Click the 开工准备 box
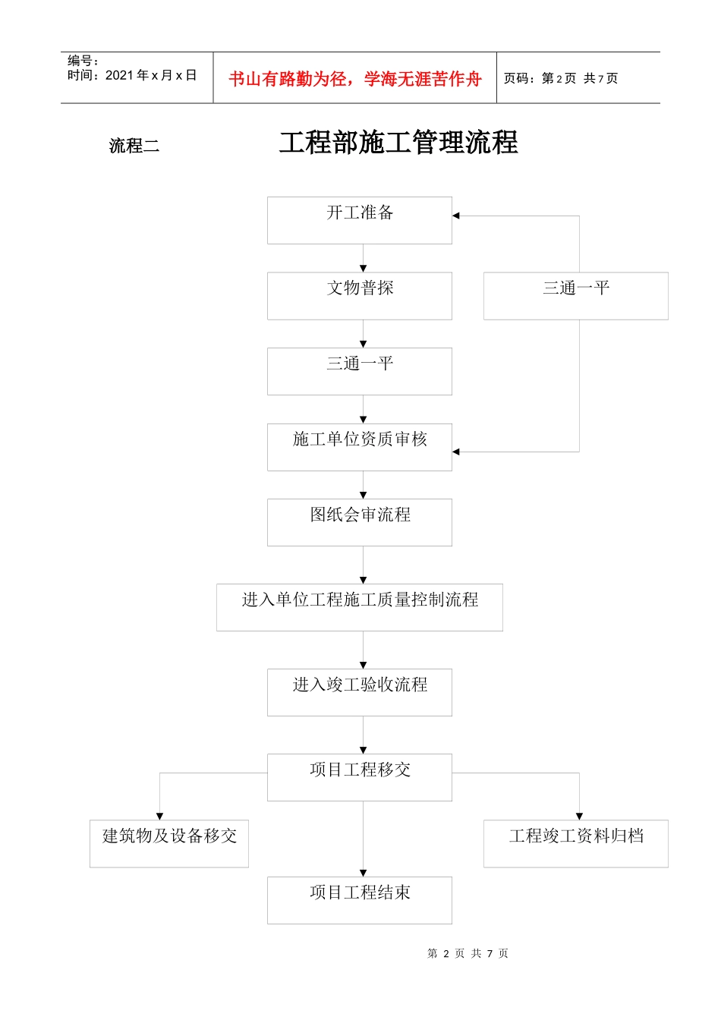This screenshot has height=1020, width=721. pos(359,220)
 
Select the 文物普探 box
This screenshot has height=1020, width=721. pos(359,295)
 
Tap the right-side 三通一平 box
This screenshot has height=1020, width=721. pos(575,295)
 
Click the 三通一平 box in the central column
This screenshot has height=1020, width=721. pos(359,371)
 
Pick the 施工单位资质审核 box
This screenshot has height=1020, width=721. pos(359,447)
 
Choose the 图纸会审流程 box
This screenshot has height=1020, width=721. pos(359,522)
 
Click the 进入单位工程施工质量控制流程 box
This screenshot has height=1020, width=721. pos(359,607)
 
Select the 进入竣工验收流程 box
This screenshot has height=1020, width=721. pos(359,692)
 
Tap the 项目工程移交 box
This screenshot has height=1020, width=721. pos(359,777)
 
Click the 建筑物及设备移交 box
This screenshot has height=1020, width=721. pos(168,843)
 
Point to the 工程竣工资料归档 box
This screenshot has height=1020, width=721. pos(575,843)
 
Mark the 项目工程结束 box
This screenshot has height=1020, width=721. pos(359,900)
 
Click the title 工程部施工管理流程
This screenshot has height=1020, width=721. pos(398,143)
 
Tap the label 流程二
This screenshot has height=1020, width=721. pos(134,146)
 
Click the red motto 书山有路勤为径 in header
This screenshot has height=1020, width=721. pos(354,79)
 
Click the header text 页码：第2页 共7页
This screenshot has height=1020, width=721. pos(561,78)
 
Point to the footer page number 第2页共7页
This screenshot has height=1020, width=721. pos(468,953)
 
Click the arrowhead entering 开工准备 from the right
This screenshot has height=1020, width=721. pos(456,216)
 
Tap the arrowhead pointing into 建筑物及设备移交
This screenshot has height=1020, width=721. pos(159,816)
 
